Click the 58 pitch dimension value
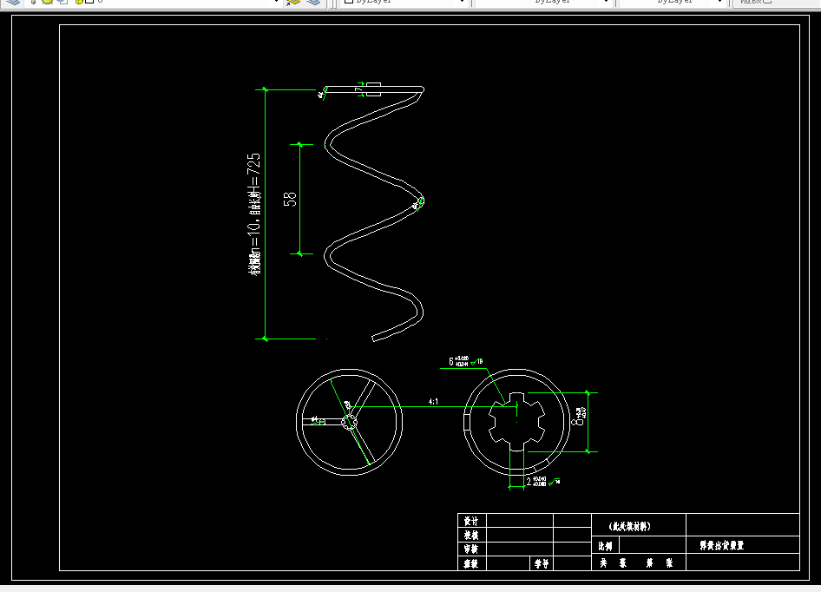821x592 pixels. click(x=291, y=199)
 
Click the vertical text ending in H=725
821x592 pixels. click(x=254, y=214)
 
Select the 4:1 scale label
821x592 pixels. click(x=433, y=401)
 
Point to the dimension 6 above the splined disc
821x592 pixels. click(x=451, y=361)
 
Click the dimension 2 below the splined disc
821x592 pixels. click(x=529, y=480)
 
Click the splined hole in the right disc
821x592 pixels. click(x=517, y=421)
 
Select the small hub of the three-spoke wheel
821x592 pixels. click(x=350, y=422)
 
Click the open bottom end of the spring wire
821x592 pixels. click(x=374, y=337)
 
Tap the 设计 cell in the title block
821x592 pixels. click(x=471, y=521)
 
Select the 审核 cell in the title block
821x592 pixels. click(x=471, y=549)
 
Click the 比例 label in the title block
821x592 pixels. click(x=605, y=547)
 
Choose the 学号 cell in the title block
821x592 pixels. click(x=541, y=563)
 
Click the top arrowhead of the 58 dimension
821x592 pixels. click(x=300, y=144)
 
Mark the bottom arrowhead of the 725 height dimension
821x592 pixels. click(x=266, y=337)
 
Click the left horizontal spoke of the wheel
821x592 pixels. click(x=323, y=421)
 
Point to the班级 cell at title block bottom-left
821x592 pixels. click(x=471, y=563)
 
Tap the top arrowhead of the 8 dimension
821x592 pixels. click(x=589, y=393)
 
